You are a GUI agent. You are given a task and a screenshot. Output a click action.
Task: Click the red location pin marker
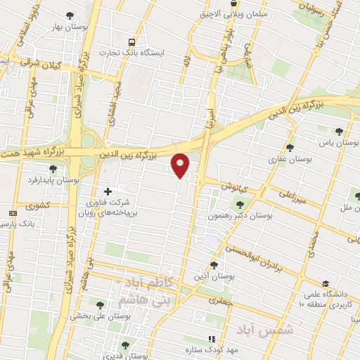point(181,166)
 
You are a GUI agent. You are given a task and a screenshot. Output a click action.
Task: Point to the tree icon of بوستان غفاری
point(290,148)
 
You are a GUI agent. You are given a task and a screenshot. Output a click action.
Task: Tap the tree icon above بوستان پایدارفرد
point(53,169)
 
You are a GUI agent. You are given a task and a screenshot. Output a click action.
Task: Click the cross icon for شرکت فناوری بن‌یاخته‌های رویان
point(108,191)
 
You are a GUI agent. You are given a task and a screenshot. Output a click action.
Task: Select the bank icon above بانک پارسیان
point(13,213)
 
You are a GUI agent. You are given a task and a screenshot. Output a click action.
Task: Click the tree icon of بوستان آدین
point(214,265)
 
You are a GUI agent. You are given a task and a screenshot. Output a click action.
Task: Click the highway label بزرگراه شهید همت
point(35,151)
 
